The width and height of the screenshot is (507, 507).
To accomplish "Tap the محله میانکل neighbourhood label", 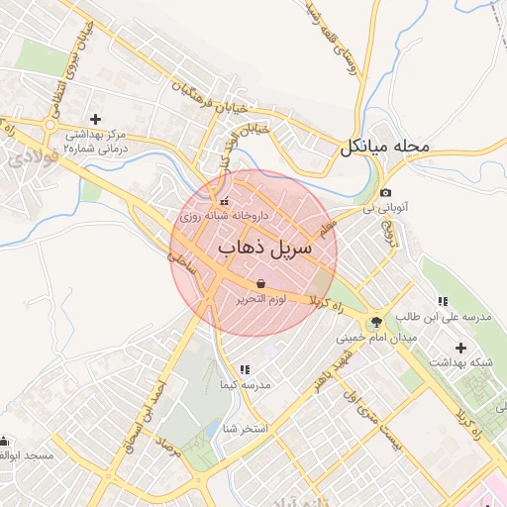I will (x=385, y=148).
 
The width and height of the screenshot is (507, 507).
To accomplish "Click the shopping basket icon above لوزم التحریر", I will (x=260, y=284).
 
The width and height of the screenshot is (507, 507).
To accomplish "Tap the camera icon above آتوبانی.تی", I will (x=385, y=192).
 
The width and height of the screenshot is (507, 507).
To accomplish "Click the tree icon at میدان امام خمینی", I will (x=375, y=322).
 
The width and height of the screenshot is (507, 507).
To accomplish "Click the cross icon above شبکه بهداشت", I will (x=460, y=348).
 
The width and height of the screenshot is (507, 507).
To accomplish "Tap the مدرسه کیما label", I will (x=245, y=384).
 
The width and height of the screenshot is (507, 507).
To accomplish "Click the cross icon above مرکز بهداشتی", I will (x=95, y=119).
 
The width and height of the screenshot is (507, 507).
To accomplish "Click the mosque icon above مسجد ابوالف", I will (x=7, y=441).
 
